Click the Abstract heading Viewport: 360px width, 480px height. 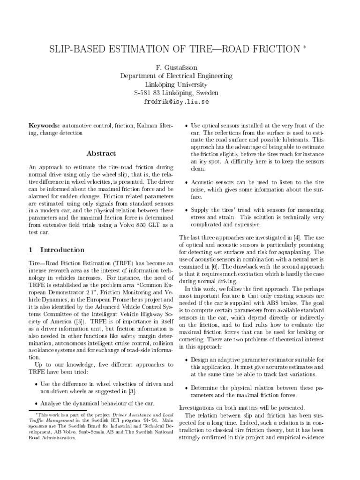tap(101, 153)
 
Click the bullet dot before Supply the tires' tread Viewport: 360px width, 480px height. tap(187, 210)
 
